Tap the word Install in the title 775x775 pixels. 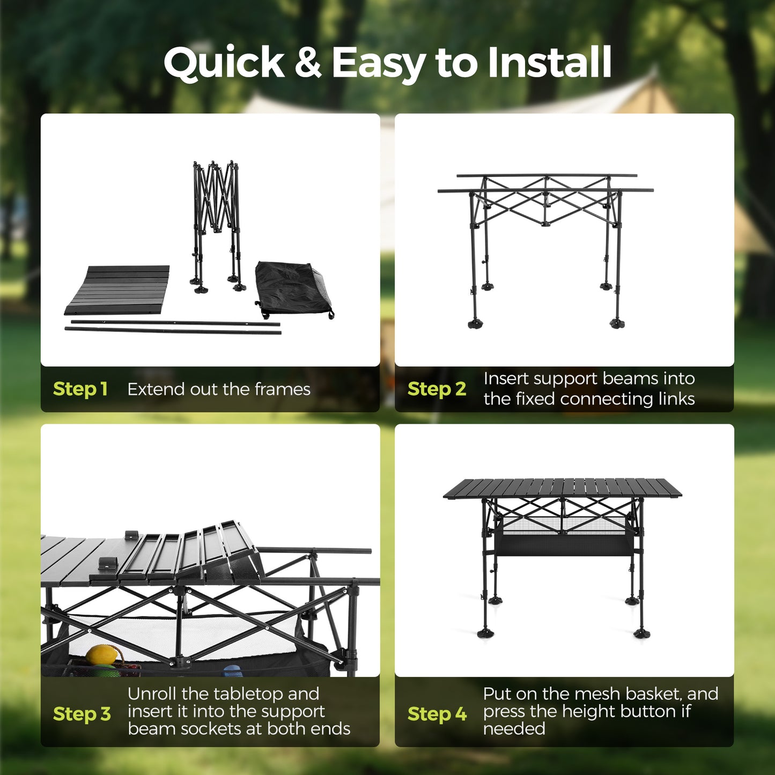550,62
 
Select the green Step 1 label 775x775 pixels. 80,389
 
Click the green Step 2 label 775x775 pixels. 437,389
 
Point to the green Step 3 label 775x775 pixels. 82,714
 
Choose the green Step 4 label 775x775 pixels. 437,714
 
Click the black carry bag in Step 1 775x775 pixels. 294,289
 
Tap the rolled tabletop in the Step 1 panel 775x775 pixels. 117,290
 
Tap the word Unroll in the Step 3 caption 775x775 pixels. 152,694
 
